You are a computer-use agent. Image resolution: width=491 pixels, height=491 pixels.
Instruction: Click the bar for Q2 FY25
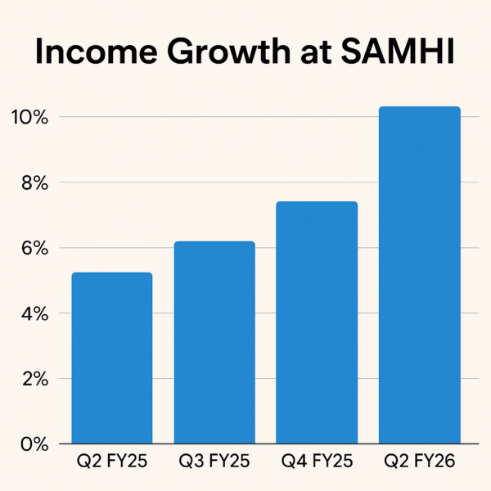pyautogui.click(x=111, y=358)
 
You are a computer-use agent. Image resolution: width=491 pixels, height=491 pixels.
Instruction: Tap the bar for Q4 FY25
pyautogui.click(x=317, y=322)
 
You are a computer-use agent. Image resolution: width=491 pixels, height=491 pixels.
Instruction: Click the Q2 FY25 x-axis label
pyautogui.click(x=111, y=463)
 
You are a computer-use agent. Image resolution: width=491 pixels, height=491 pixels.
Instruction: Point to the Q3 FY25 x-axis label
pyautogui.click(x=214, y=463)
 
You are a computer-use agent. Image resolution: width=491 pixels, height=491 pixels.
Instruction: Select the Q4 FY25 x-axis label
pyautogui.click(x=317, y=463)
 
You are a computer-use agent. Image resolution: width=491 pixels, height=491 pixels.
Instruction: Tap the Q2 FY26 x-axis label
pyautogui.click(x=420, y=463)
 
